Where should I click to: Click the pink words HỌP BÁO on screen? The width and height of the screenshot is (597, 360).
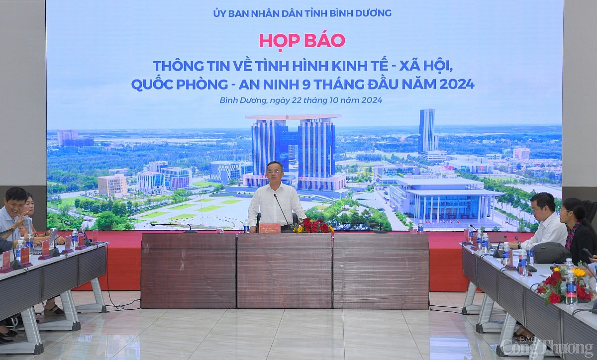point(301,40)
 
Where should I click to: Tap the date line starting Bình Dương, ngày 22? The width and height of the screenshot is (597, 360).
point(300,100)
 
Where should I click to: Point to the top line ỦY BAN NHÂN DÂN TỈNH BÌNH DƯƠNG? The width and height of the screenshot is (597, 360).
point(301,13)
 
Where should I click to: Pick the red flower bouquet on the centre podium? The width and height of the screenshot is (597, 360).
point(313,226)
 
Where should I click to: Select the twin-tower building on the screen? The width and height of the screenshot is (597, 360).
point(293,149)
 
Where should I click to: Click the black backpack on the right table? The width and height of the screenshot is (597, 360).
point(551,253)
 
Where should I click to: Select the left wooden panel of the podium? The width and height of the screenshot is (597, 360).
point(189,271)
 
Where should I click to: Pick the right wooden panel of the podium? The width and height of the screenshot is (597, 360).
point(381,271)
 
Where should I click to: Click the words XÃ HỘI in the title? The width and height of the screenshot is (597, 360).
point(424,66)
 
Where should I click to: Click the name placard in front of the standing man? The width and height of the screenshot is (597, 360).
point(269,228)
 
